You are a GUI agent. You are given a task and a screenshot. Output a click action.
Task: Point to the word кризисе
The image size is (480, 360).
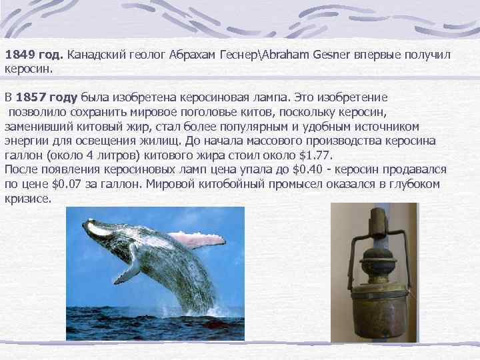(x=27, y=199)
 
